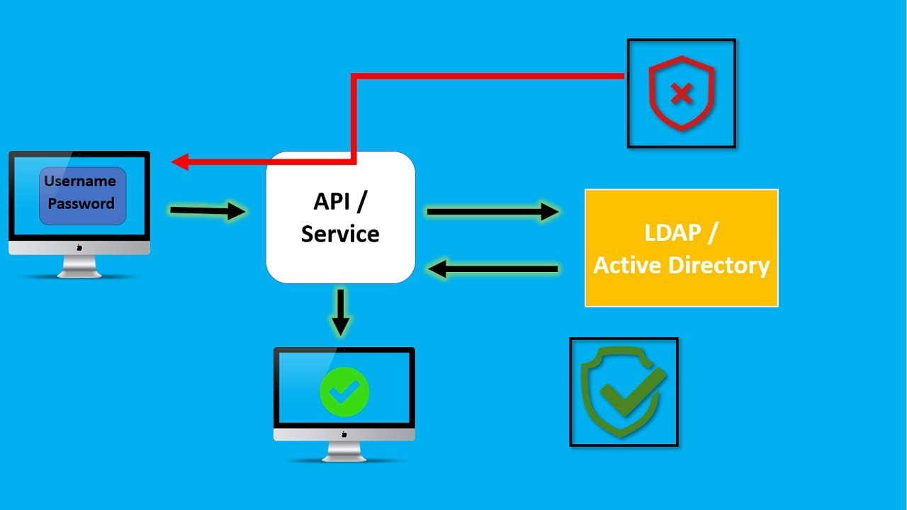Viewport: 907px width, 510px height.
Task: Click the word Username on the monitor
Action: [x=79, y=181]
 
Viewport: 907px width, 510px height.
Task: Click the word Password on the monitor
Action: [x=81, y=204]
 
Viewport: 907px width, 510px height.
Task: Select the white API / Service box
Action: [x=340, y=217]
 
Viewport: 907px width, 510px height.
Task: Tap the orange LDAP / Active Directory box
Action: [x=681, y=248]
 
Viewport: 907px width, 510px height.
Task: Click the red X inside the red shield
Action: [x=682, y=93]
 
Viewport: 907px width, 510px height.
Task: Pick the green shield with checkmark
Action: [x=623, y=392]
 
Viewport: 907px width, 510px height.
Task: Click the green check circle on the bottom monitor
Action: [x=344, y=390]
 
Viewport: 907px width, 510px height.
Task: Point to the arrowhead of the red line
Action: [x=180, y=162]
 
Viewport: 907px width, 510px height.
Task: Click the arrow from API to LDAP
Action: [x=492, y=211]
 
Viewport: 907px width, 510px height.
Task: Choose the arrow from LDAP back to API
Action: [x=493, y=269]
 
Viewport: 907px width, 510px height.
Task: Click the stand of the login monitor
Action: [x=79, y=266]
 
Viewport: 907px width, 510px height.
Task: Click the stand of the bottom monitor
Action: [x=344, y=452]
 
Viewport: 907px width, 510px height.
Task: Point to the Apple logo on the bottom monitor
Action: [x=344, y=434]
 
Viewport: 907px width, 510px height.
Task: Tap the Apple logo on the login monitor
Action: [x=79, y=247]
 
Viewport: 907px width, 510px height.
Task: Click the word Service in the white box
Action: [x=340, y=234]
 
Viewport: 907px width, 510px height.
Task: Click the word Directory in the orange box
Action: [x=719, y=266]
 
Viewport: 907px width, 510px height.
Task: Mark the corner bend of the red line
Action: [x=354, y=76]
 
